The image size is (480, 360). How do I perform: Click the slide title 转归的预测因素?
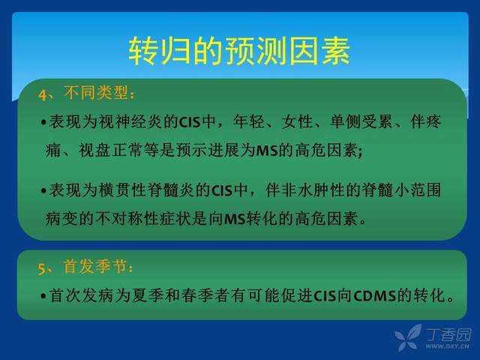[x=239, y=51]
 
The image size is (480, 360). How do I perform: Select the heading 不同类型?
[x=96, y=92]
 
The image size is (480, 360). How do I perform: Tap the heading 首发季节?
[x=95, y=266]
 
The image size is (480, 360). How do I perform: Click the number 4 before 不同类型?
[x=42, y=94]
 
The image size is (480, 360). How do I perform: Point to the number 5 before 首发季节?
[x=42, y=268]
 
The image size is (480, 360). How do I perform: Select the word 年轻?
[x=248, y=121]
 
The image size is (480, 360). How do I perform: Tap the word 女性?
[x=297, y=121]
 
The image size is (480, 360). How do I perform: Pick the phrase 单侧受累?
[x=361, y=121]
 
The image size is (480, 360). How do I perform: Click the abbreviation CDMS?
[x=375, y=296]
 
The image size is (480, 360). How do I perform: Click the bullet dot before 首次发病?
[x=43, y=296]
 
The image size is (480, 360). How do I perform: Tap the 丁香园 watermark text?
[x=448, y=335]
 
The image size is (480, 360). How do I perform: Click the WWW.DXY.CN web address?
[x=447, y=346]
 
